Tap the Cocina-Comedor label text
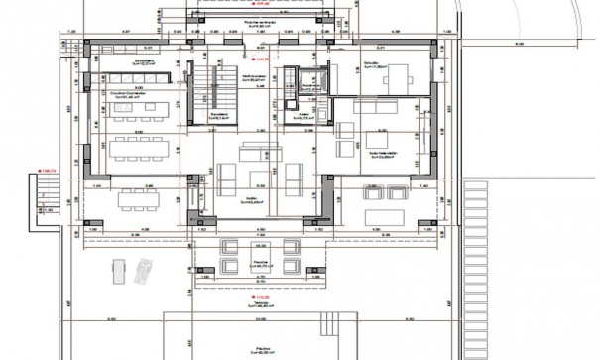point(131,96)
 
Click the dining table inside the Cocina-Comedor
point(139,149)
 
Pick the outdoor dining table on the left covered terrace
point(138,198)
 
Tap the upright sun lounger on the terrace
point(116,269)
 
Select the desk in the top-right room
point(397,75)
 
